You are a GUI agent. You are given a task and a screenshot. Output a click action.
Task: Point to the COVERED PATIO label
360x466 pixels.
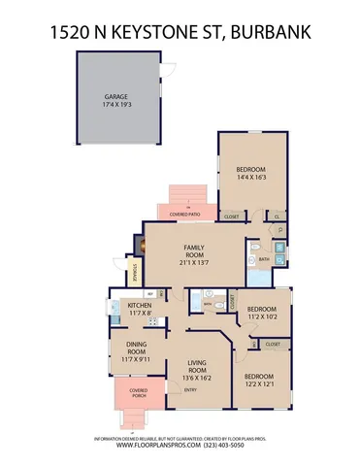click(186, 214)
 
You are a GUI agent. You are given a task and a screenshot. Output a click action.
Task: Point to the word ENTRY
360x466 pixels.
click(190, 390)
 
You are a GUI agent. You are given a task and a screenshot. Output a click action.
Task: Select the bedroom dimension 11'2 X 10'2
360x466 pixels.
click(262, 316)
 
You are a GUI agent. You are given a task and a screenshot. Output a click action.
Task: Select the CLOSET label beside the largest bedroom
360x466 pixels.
click(233, 216)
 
